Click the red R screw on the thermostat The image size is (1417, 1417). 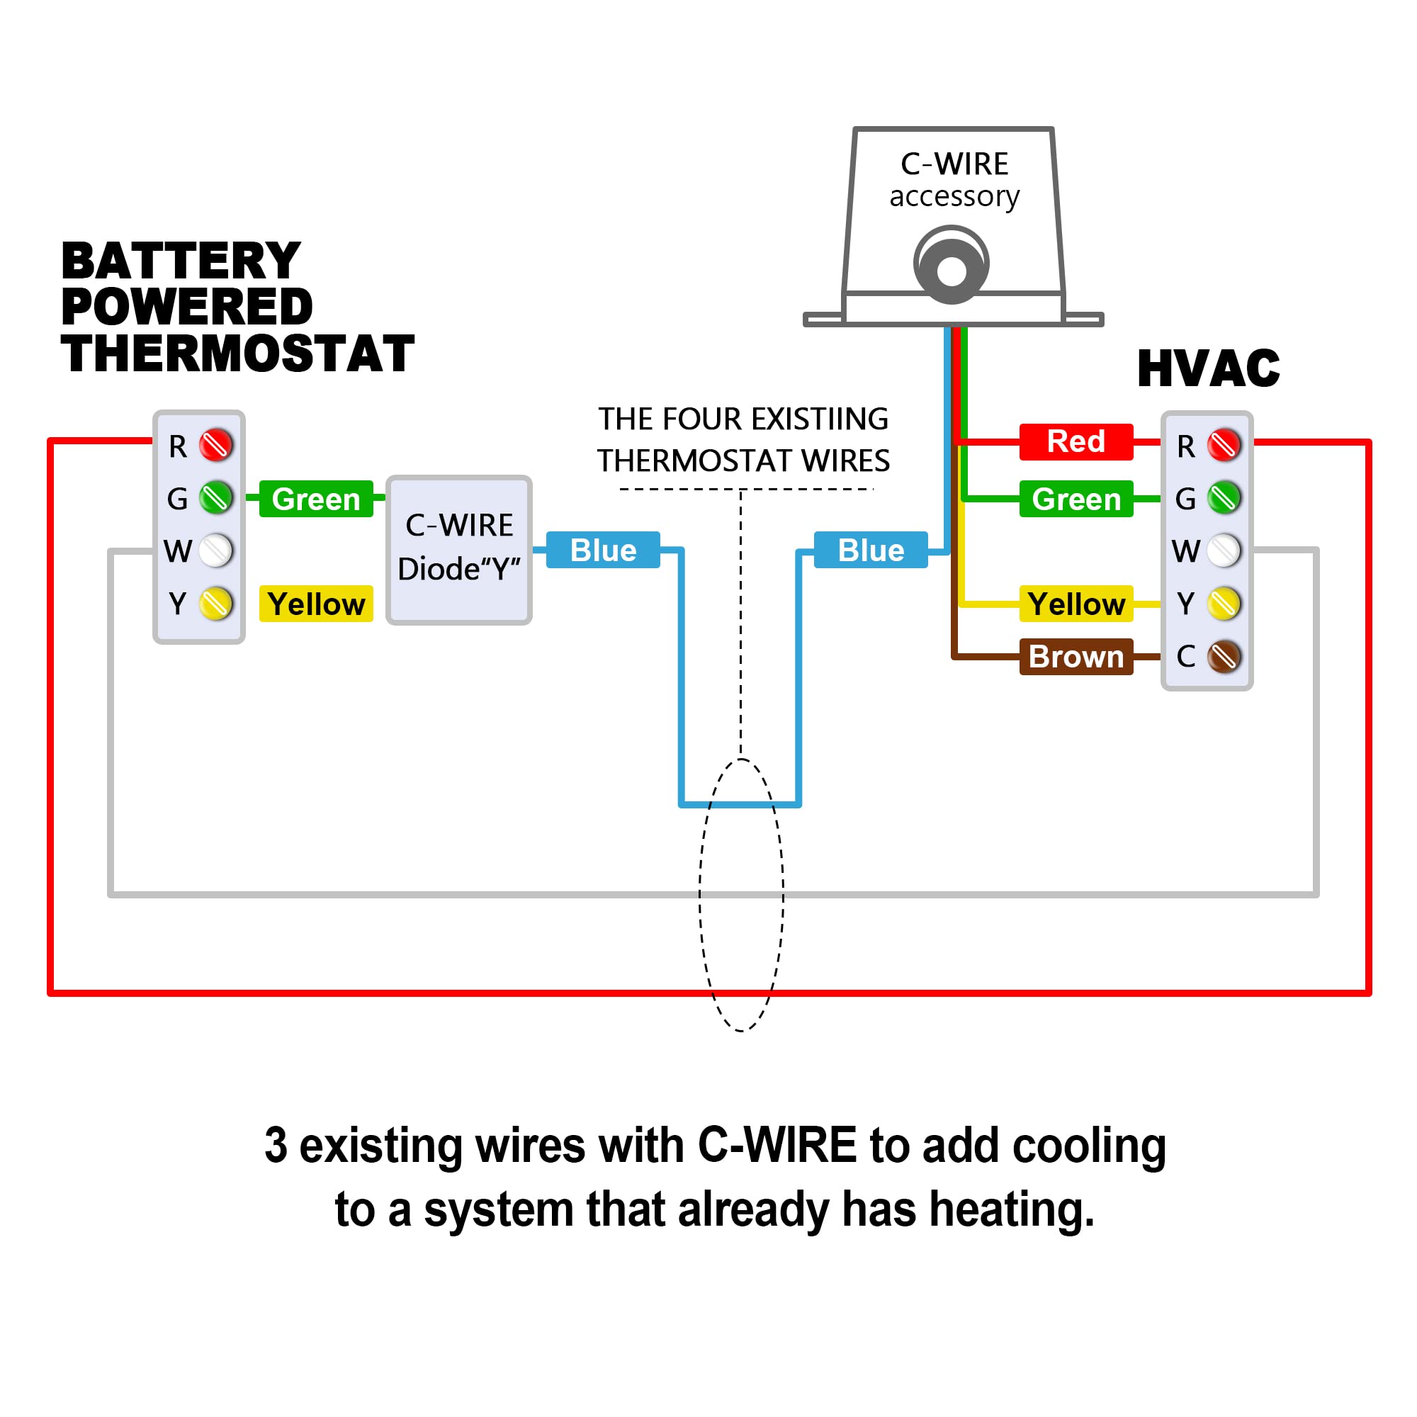tap(215, 445)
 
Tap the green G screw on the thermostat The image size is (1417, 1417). tap(215, 498)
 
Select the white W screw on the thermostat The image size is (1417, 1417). tap(215, 551)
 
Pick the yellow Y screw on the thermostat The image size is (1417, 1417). tap(215, 604)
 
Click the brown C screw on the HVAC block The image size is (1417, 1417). tap(1224, 657)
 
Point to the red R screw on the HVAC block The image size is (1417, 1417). tap(1224, 445)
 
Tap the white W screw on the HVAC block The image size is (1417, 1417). tap(1224, 551)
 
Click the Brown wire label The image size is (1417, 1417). tap(1076, 657)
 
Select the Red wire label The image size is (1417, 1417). tap(1076, 441)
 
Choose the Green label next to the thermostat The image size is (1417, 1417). tap(316, 499)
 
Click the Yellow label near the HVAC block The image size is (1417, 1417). tap(1076, 604)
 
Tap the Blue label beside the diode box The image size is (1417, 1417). tap(603, 550)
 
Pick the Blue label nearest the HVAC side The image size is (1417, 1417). tap(871, 550)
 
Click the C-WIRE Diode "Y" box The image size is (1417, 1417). tap(459, 550)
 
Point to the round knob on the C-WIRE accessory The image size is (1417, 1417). tap(952, 266)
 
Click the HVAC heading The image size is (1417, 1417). tap(1209, 368)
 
